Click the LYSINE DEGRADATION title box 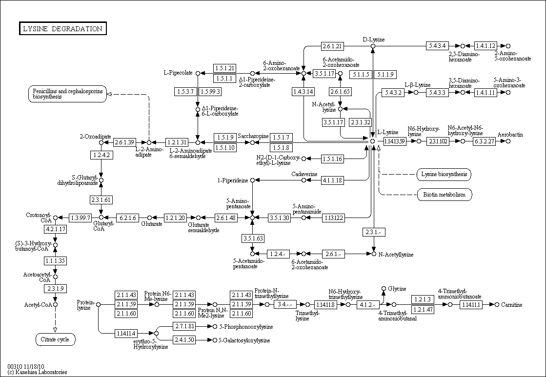click(x=62, y=29)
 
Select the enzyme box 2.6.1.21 click(x=333, y=46)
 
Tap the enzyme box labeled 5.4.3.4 click(x=437, y=46)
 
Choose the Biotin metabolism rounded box click(x=444, y=195)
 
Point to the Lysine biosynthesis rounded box click(x=444, y=174)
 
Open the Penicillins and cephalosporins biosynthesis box click(x=67, y=94)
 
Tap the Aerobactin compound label click(x=510, y=134)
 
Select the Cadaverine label click(x=304, y=174)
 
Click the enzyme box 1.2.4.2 click(x=101, y=155)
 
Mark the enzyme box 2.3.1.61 click(x=101, y=199)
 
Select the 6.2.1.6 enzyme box click(x=128, y=218)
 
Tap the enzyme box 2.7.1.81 click(x=184, y=326)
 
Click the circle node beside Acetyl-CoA click(x=56, y=305)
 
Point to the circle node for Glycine click(x=384, y=289)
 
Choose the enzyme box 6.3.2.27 click(x=484, y=141)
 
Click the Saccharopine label click(x=253, y=136)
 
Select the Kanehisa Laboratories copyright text click(x=38, y=372)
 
